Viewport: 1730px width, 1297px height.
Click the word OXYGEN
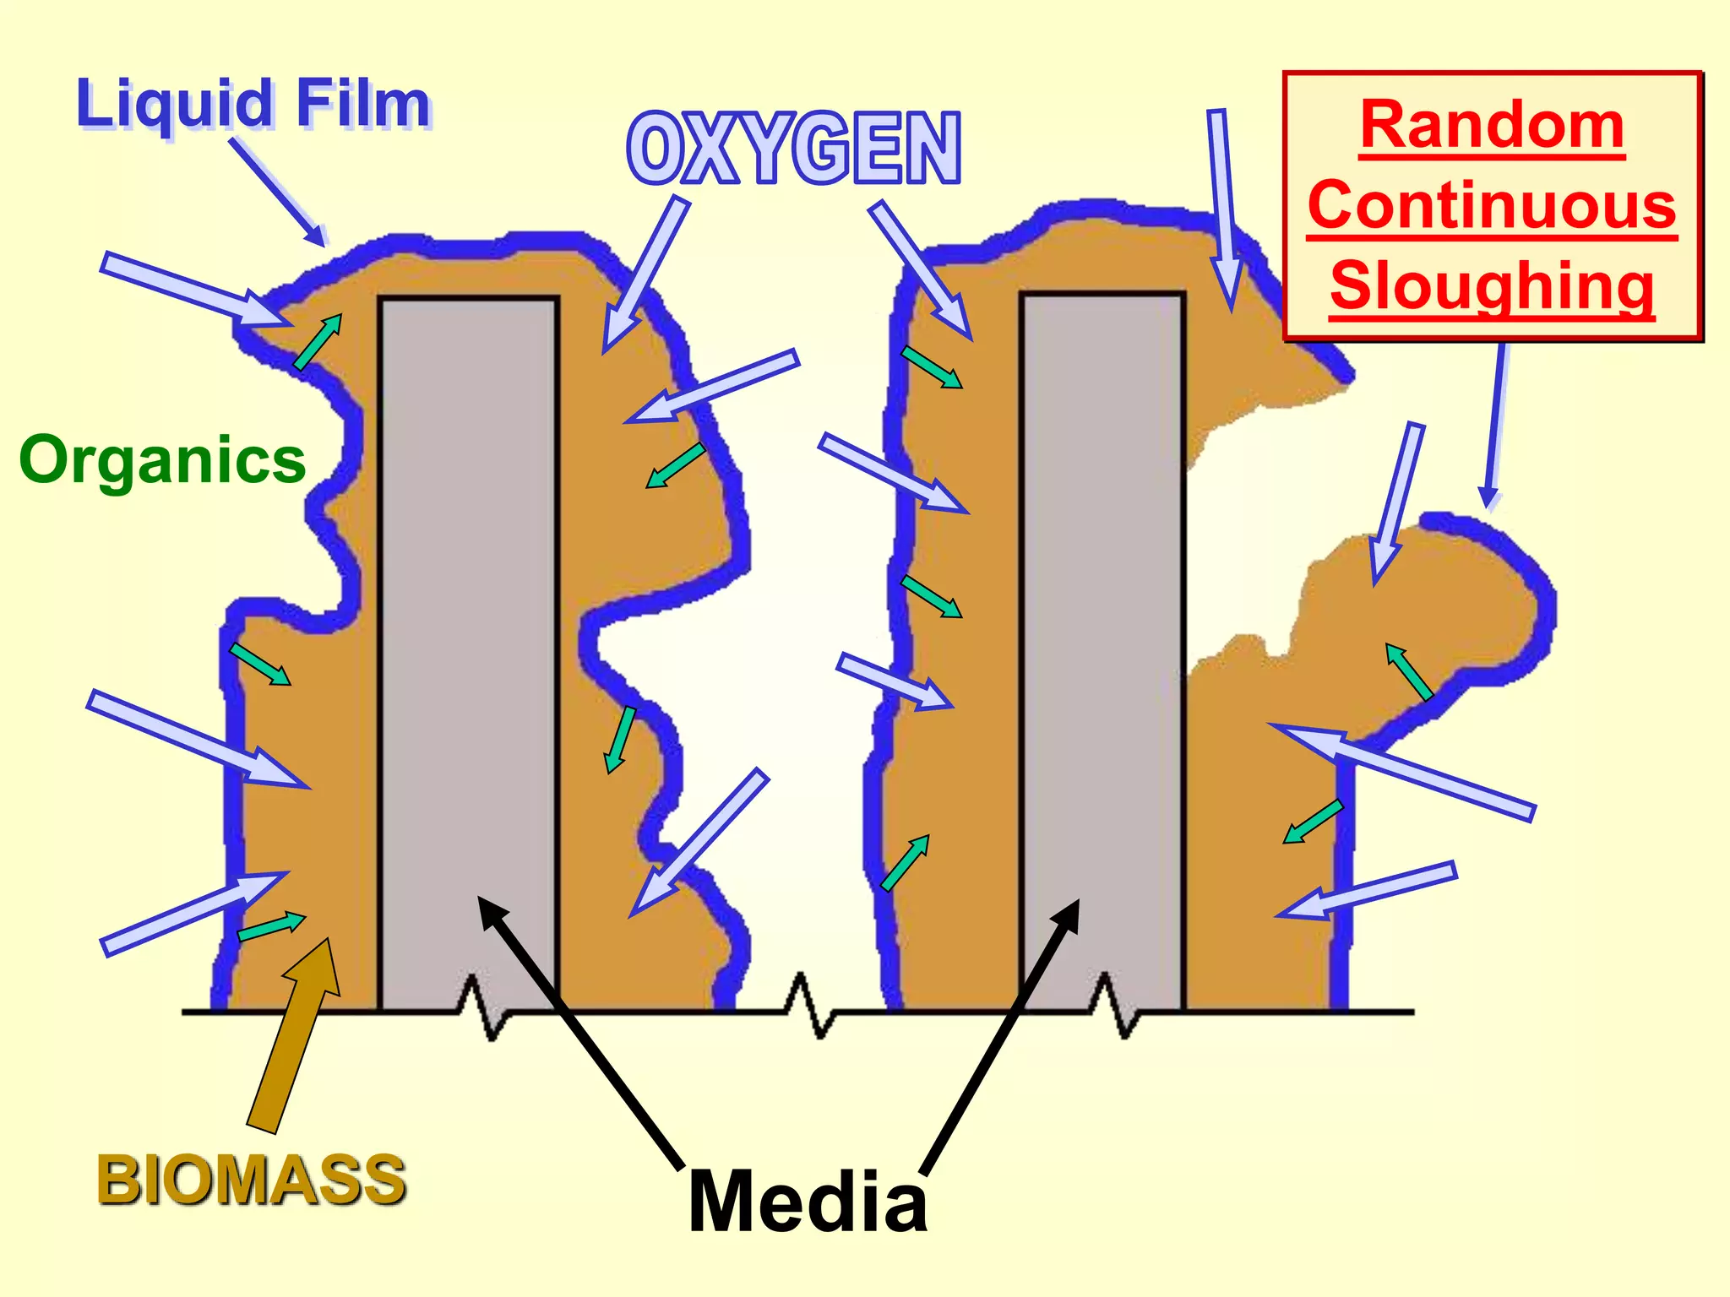coord(794,149)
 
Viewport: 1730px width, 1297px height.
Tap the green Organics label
coord(162,460)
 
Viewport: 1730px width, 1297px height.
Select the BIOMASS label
coord(252,1180)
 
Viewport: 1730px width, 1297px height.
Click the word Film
coord(363,105)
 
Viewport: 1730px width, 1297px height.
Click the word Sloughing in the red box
coord(1492,285)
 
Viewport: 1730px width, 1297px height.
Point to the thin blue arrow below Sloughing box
coord(1496,422)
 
